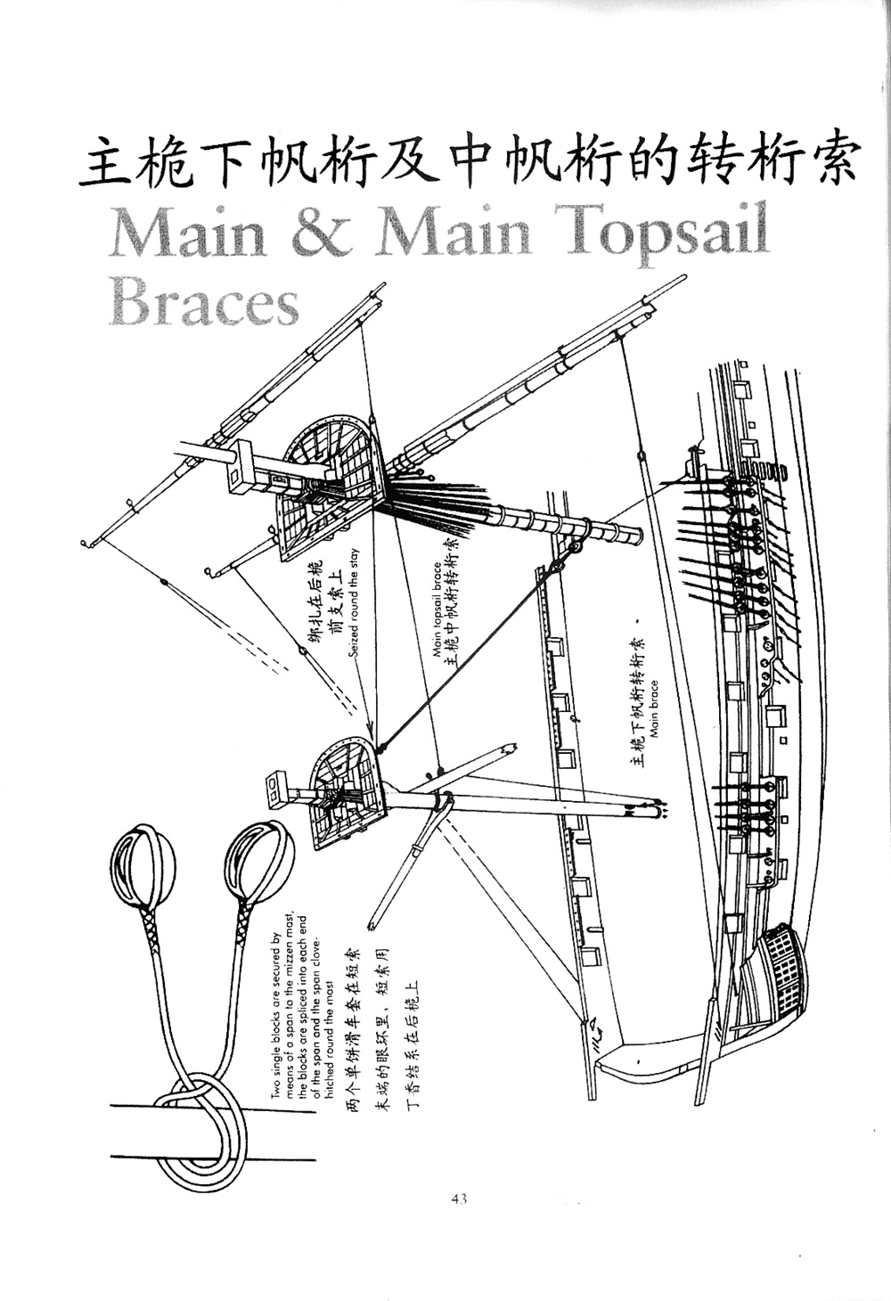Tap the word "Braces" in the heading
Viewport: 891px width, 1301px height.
(203, 303)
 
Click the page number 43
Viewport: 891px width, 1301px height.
(459, 1199)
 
